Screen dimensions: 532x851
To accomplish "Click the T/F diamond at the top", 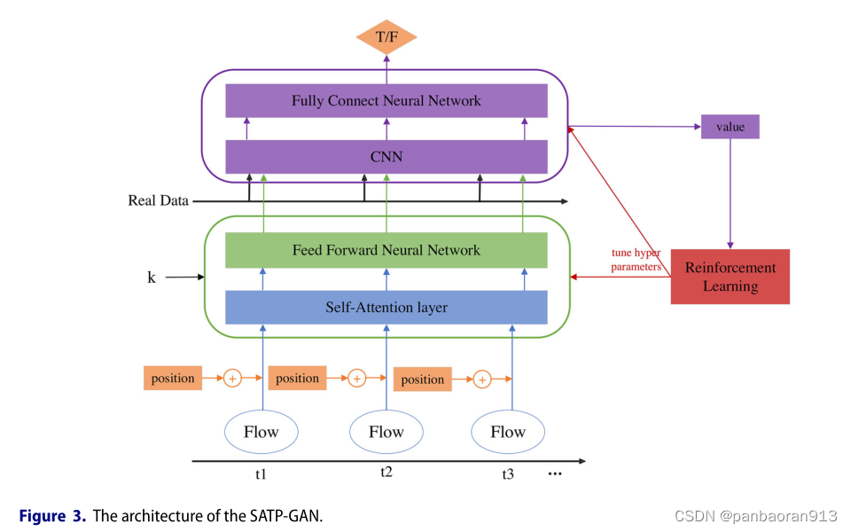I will [386, 37].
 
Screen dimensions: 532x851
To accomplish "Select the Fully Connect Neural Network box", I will [386, 101].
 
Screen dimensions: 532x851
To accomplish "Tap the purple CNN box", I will [386, 157].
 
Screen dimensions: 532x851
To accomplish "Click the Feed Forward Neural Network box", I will [386, 250].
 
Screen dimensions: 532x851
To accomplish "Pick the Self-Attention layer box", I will [386, 307].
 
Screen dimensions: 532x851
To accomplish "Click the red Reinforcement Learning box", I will [730, 277].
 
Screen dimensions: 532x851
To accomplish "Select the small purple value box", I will [730, 127].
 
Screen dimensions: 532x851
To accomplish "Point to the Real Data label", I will [158, 200].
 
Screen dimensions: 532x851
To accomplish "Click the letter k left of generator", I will [151, 278].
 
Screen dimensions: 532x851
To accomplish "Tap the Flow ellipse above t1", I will [261, 432].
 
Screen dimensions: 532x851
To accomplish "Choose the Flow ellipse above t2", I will [386, 432].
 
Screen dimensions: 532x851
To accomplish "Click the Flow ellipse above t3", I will [508, 432].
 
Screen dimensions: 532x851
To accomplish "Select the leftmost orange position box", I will [173, 378].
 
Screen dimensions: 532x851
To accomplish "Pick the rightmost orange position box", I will [423, 379].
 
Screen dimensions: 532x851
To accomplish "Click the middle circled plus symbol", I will [356, 379].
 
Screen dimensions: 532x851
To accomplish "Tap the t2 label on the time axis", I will [386, 472].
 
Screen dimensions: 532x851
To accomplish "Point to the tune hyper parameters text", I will [637, 259].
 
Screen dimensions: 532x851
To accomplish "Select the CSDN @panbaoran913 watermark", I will [755, 516].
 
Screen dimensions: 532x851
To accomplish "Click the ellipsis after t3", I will [555, 474].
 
